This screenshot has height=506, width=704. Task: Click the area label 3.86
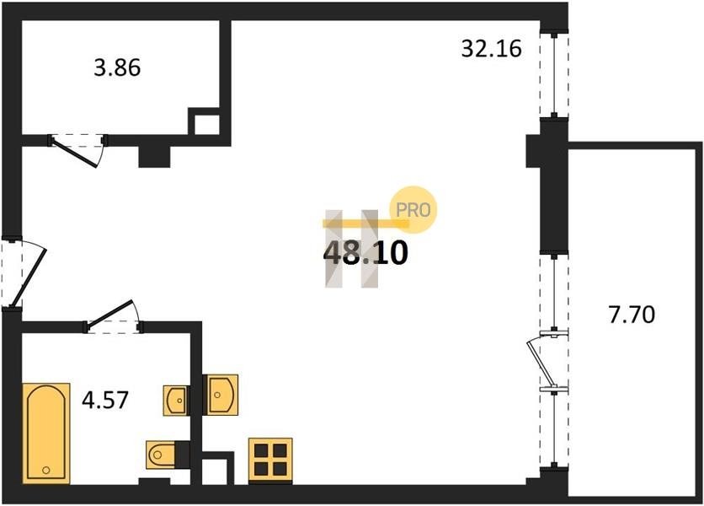pos(117,68)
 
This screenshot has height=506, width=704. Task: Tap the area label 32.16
pos(491,49)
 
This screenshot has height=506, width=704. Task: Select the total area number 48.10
pos(365,253)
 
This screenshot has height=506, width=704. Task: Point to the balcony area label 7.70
pos(632,315)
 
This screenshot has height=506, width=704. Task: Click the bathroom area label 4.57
pos(105,400)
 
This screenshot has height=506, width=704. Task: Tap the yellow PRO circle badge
pos(413,210)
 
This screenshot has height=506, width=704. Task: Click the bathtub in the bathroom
pos(46,433)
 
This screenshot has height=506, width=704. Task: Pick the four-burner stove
pos(270,460)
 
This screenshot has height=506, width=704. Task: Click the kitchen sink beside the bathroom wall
pos(220,395)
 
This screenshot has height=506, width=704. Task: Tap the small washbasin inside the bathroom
pos(176,400)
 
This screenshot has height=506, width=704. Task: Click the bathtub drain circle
pos(45,470)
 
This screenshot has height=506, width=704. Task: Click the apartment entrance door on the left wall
pos(23,272)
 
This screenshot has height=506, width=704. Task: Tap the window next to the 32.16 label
pos(554,75)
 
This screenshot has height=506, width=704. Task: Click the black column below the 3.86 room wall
pos(154,156)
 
